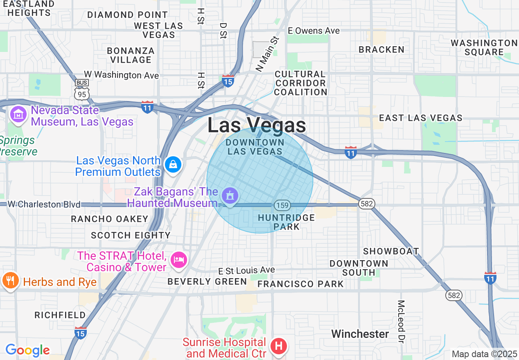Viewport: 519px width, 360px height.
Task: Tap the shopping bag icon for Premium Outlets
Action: (173, 165)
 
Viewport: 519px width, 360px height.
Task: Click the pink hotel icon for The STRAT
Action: (179, 259)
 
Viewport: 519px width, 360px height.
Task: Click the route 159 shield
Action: (282, 205)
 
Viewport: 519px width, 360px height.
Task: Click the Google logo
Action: (27, 350)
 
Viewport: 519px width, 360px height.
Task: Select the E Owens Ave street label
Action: (314, 31)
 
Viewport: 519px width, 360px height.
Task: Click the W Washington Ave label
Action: (121, 75)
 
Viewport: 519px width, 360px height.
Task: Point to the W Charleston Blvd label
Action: (44, 204)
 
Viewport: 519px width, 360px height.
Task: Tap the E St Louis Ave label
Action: (246, 270)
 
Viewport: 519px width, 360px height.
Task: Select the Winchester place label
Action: (360, 334)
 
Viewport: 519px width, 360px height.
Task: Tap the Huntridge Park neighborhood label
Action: (287, 222)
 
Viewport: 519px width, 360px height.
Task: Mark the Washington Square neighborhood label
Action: (484, 47)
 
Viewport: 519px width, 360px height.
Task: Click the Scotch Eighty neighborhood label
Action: (131, 235)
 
